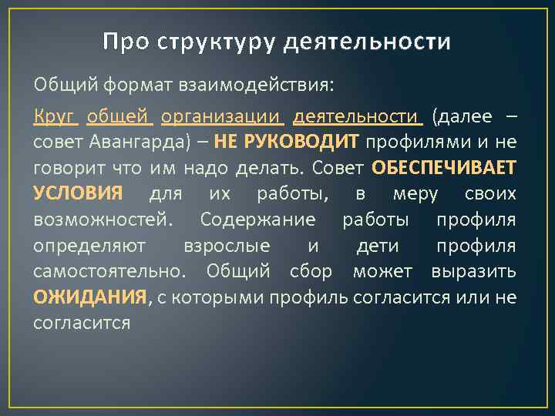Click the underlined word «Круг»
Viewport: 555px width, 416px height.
coord(55,117)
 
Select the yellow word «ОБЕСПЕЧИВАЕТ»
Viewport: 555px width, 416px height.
coord(444,168)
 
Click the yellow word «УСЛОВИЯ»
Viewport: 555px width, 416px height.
coord(78,193)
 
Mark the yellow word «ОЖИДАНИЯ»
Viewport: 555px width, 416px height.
coord(89,296)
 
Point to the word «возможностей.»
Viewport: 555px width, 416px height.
coord(103,220)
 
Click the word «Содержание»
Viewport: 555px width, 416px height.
coord(257,220)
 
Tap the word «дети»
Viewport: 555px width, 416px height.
coord(378,245)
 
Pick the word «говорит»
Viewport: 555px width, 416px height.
coord(67,168)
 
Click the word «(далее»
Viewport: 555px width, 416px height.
coord(462,117)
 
